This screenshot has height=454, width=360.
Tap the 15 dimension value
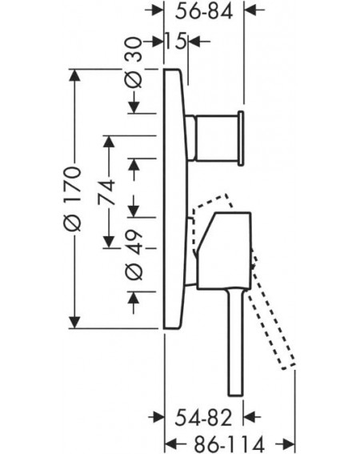click(x=176, y=41)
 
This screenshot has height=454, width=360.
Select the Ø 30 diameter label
click(x=134, y=62)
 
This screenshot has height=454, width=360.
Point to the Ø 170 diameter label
click(x=72, y=199)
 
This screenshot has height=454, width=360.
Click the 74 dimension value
click(x=106, y=192)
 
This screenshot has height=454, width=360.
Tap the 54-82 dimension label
click(x=203, y=417)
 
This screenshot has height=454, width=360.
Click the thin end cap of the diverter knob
click(x=241, y=139)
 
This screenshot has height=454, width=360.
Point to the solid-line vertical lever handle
click(x=235, y=342)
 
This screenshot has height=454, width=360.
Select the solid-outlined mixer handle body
click(x=224, y=251)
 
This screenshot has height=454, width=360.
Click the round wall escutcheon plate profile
click(x=175, y=199)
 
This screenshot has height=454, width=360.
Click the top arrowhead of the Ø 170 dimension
click(x=75, y=75)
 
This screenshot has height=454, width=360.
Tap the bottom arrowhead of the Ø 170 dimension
click(x=75, y=322)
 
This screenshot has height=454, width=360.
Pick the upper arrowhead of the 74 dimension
click(x=109, y=142)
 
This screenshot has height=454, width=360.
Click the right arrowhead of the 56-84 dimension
click(x=250, y=10)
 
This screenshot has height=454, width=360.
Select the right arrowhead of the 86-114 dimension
click(x=288, y=444)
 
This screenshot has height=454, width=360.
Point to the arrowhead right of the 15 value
click(x=195, y=41)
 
